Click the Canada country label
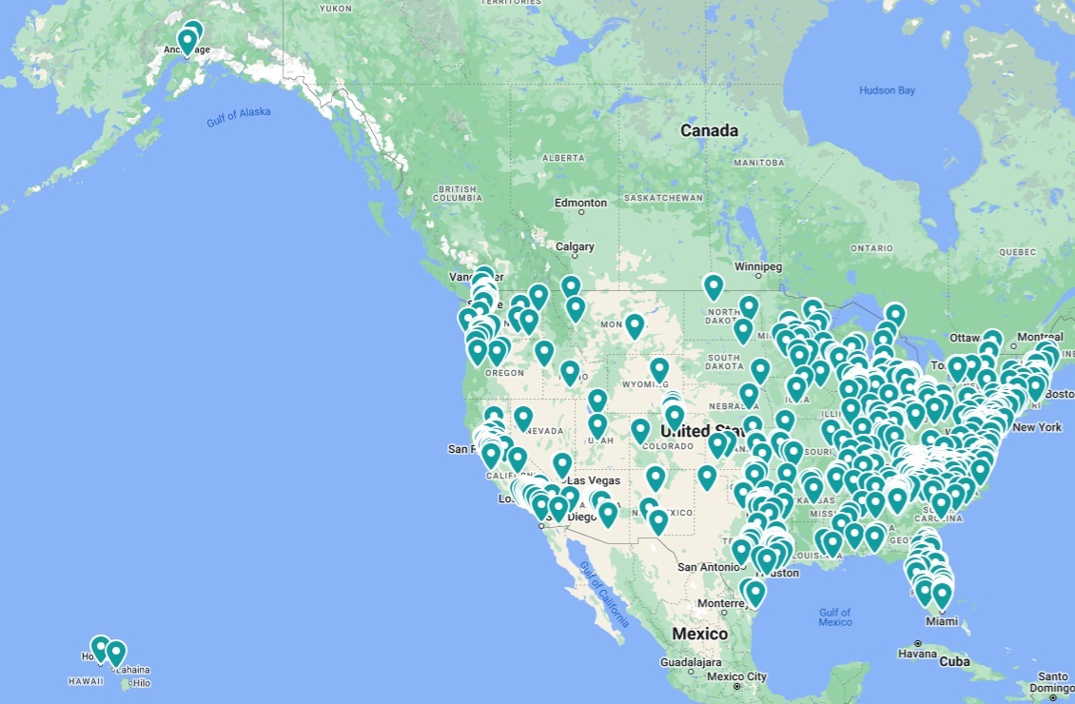[x=709, y=130]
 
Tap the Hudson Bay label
[x=887, y=90]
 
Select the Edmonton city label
[x=580, y=203]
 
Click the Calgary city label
[x=575, y=246]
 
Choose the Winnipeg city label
[x=757, y=266]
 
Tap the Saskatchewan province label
[x=663, y=198]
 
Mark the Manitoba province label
[x=759, y=163]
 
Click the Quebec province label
[x=1016, y=252]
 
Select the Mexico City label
[x=737, y=676]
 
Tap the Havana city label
[x=918, y=654]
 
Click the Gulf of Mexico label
[x=834, y=616]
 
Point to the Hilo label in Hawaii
[x=141, y=683]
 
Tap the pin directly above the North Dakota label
[x=713, y=285]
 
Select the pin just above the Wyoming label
[x=659, y=368]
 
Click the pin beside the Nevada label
[x=523, y=417]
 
